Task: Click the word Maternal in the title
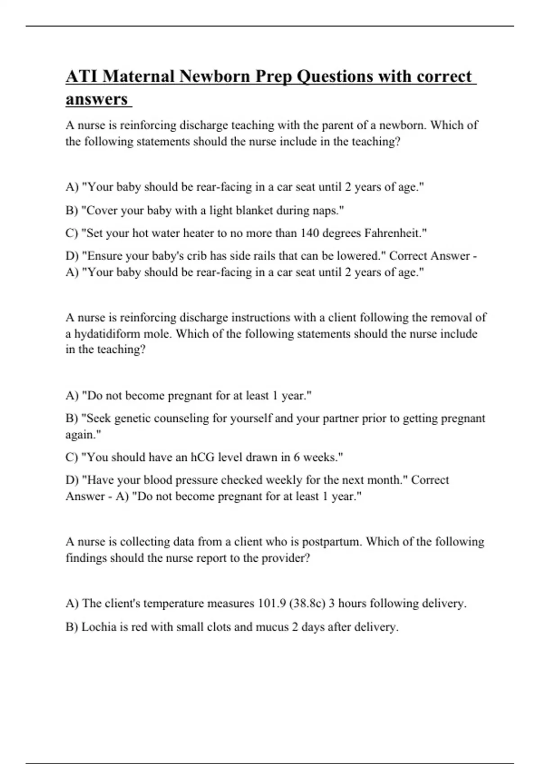coord(138,76)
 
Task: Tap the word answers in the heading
coord(97,99)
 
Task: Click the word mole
coord(157,333)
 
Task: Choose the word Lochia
coord(99,626)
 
